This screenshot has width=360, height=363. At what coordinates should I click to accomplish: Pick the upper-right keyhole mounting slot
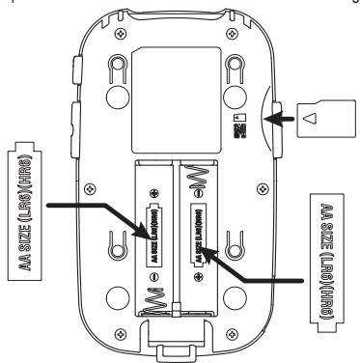pos(232,70)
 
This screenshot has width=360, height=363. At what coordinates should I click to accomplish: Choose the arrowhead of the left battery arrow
pos(143,228)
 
